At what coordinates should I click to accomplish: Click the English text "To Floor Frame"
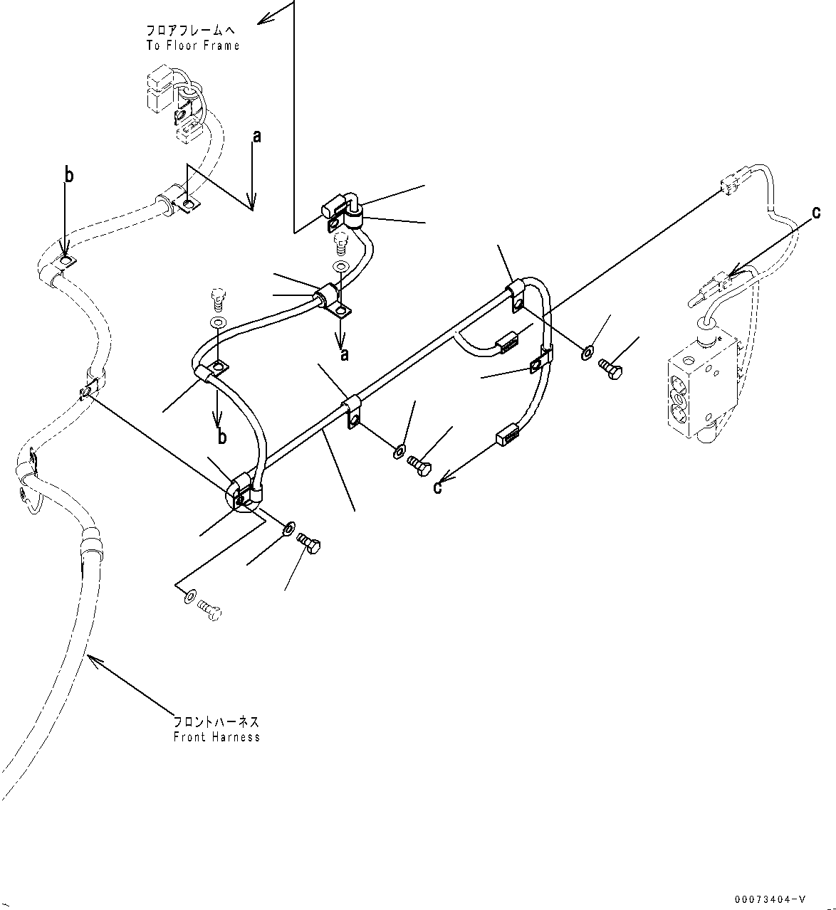[192, 46]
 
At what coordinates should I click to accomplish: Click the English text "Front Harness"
[216, 737]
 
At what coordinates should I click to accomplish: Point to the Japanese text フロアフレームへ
[191, 31]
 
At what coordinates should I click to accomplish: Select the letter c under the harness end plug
[438, 487]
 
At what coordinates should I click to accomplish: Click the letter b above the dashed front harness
[69, 176]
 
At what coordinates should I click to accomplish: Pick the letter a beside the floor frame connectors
[257, 136]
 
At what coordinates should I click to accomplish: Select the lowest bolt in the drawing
[209, 610]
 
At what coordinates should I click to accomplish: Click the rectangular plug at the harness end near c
[505, 433]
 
